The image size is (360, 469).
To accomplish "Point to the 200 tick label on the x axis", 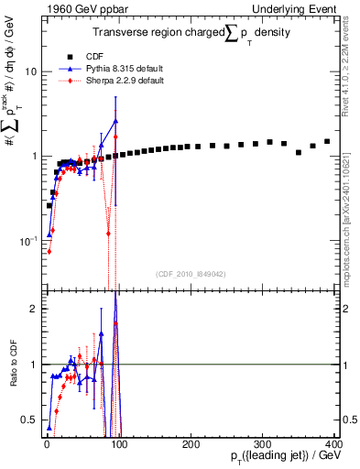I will tap(190, 443).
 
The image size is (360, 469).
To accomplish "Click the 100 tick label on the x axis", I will tap(118, 443).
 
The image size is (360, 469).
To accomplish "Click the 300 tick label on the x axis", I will tap(262, 443).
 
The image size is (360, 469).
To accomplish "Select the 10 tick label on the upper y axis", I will tap(28, 71).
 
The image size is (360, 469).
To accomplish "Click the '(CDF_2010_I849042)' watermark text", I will tap(187, 273).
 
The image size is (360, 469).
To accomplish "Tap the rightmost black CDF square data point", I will tap(327, 141).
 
